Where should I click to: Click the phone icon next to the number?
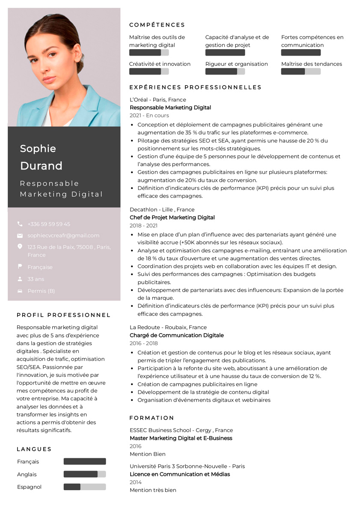20,224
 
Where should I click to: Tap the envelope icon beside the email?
20,236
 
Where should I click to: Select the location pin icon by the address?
20,247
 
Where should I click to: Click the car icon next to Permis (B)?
20,291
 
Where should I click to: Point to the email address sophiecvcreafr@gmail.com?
63,235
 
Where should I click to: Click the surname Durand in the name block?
41,166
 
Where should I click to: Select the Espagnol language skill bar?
85,487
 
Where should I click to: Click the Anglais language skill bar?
85,474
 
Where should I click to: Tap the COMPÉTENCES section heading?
157,25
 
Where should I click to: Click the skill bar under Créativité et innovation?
149,71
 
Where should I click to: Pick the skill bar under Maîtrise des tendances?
300,71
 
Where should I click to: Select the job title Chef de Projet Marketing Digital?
172,217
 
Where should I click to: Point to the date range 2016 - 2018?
144,343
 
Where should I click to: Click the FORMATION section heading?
152,417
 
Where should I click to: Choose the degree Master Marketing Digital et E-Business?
181,438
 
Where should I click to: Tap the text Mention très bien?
153,490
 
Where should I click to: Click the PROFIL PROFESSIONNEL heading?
64,315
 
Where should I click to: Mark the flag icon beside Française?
20,266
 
